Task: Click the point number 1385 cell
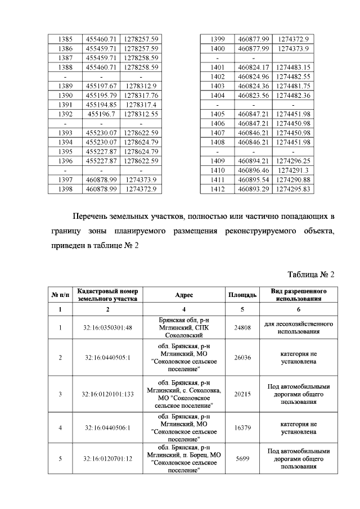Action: click(x=65, y=39)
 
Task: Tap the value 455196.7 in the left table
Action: click(x=101, y=114)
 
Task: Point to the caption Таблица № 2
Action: click(x=310, y=274)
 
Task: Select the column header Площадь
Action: click(x=242, y=295)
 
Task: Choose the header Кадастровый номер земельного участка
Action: click(x=108, y=295)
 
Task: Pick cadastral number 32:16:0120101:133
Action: click(x=108, y=394)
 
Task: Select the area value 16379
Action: click(x=242, y=427)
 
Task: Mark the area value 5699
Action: click(x=242, y=459)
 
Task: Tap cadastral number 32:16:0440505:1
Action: click(x=108, y=358)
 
